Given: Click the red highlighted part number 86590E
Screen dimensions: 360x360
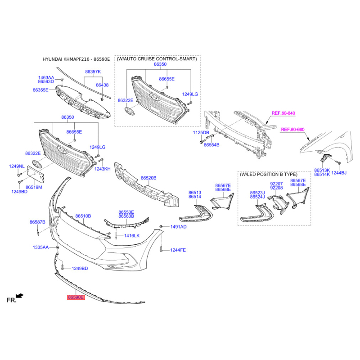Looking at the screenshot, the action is (x=76, y=297).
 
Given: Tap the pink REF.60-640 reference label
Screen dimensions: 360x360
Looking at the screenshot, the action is (x=283, y=113).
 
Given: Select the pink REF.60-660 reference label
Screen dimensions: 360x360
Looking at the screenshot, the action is (x=292, y=130).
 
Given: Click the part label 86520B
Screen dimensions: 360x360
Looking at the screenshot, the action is (x=148, y=178).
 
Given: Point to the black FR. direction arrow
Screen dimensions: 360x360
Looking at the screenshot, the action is (x=20, y=296).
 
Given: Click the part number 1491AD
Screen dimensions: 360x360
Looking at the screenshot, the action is (x=178, y=227).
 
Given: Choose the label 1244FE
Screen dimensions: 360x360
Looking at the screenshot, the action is (x=178, y=250).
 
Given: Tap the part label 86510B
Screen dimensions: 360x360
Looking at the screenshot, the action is (x=83, y=216).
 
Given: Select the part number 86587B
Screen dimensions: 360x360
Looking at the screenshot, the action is (x=37, y=222).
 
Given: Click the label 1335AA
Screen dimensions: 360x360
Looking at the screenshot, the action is (x=40, y=247).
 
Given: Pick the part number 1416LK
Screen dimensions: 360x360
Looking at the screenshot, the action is (x=132, y=236).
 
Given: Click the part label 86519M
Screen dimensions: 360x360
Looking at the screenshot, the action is (x=34, y=187).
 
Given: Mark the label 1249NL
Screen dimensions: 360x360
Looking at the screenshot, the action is (x=17, y=166).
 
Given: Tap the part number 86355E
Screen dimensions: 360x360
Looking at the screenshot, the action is (x=40, y=90).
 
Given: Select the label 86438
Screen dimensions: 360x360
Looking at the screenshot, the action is (x=102, y=85).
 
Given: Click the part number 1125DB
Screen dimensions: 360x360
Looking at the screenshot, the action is (x=201, y=133).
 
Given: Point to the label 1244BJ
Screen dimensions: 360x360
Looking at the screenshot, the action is (x=339, y=173).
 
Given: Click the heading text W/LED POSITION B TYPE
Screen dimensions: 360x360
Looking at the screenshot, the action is (x=268, y=175).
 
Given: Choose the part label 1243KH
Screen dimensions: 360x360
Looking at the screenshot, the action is (x=103, y=169).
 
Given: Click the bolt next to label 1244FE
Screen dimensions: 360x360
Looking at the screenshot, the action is (x=161, y=249).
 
